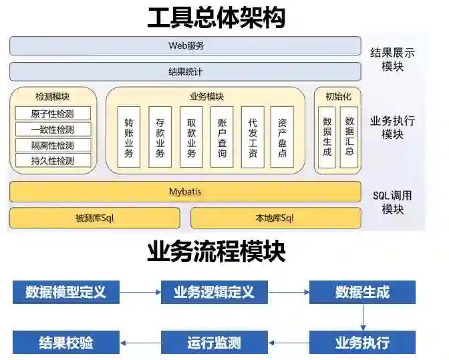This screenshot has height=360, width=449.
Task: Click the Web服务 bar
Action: click(185, 46)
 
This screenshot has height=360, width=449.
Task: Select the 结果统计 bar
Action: click(185, 71)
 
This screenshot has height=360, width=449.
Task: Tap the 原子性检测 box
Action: click(53, 114)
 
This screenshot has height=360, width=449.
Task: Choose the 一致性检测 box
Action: click(53, 130)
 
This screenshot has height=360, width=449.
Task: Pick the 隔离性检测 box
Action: click(53, 145)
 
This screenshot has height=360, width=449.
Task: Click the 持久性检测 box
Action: click(53, 160)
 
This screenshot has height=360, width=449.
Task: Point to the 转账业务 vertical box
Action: click(129, 136)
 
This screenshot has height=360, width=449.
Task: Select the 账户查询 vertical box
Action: click(222, 136)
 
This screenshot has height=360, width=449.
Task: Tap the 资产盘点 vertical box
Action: click(282, 136)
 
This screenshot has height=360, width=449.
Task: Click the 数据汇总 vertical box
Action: click(349, 136)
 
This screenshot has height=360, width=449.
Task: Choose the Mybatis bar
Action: click(185, 192)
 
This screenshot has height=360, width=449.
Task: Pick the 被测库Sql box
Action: click(95, 218)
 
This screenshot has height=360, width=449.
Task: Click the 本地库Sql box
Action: click(275, 218)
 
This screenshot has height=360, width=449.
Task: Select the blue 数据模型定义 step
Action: click(65, 292)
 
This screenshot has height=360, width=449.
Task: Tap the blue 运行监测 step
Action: click(214, 343)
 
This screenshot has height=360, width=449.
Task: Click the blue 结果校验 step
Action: click(65, 343)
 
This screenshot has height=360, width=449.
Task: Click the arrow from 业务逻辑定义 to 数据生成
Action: click(288, 292)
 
